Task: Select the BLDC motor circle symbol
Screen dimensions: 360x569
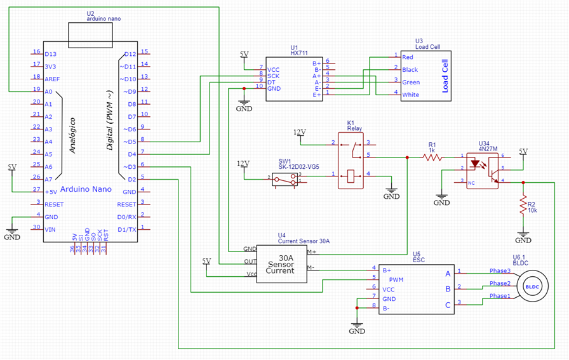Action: pyautogui.click(x=532, y=286)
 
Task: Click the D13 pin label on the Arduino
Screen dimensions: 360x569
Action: pyautogui.click(x=50, y=53)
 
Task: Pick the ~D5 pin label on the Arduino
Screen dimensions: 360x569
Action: pyautogui.click(x=129, y=141)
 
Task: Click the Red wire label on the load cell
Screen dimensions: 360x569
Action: pyautogui.click(x=408, y=57)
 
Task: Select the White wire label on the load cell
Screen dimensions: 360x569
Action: pyautogui.click(x=410, y=95)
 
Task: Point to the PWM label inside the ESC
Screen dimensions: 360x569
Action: pyautogui.click(x=396, y=279)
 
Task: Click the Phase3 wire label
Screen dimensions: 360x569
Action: pyautogui.click(x=500, y=271)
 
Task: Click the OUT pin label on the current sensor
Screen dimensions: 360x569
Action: pyautogui.click(x=250, y=261)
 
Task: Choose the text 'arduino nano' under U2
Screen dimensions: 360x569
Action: pyautogui.click(x=104, y=19)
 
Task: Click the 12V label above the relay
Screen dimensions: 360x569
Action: pyautogui.click(x=299, y=132)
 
